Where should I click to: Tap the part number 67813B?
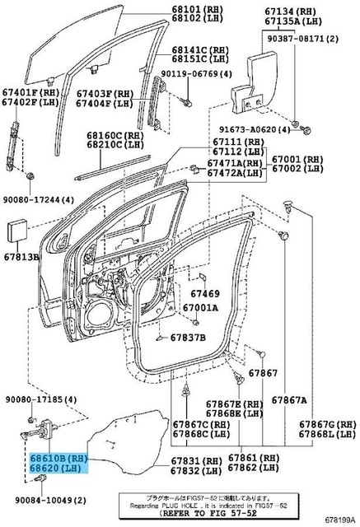(x=23, y=256)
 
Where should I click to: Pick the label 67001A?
(x=200, y=308)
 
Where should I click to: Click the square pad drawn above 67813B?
(x=19, y=231)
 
